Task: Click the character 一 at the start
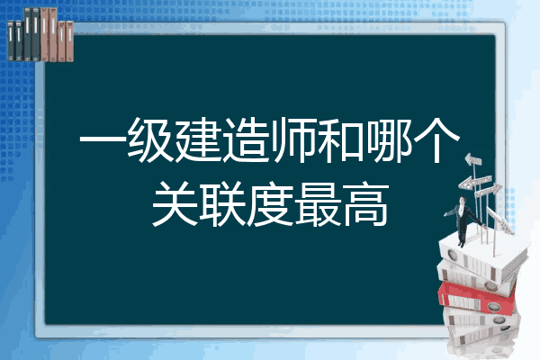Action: pos(103,140)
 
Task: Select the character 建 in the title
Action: pos(198,140)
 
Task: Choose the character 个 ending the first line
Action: pos(436,140)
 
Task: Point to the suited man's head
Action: pos(463,200)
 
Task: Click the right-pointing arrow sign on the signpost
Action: pos(488,190)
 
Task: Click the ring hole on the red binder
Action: pos(493,306)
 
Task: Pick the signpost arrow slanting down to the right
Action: pos(500,220)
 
